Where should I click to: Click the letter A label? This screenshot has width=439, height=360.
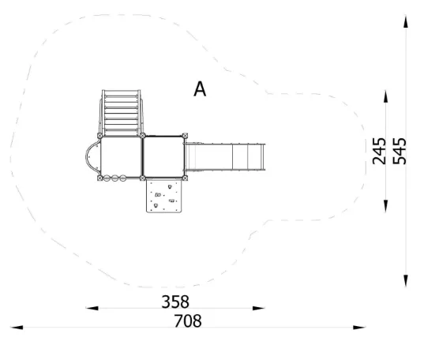pyautogui.click(x=200, y=89)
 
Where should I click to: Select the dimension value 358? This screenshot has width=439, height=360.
pyautogui.click(x=175, y=302)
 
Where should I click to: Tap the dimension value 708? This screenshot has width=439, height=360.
pyautogui.click(x=188, y=321)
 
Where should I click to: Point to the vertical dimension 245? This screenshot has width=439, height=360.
pyautogui.click(x=379, y=151)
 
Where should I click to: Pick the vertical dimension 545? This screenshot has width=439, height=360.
pyautogui.click(x=400, y=151)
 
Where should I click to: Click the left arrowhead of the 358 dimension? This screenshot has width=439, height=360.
pyautogui.click(x=92, y=308)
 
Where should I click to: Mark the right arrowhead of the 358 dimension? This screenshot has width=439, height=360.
pyautogui.click(x=259, y=308)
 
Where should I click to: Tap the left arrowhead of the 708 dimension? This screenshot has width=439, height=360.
pyautogui.click(x=17, y=328)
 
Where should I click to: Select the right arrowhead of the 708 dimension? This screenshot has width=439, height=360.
pyautogui.click(x=359, y=328)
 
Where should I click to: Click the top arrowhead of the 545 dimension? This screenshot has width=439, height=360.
pyautogui.click(x=406, y=21)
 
